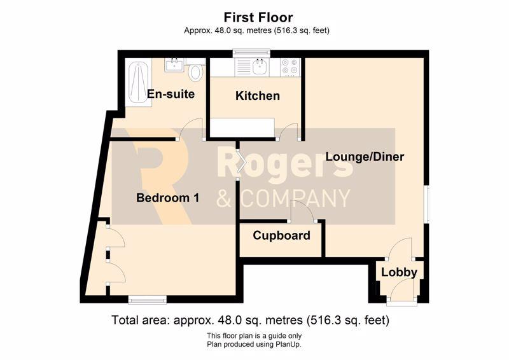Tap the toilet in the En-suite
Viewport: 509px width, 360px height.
pyautogui.click(x=195, y=71)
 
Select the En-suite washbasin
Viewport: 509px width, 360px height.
pyautogui.click(x=174, y=65)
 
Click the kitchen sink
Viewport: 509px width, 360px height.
pyautogui.click(x=260, y=67)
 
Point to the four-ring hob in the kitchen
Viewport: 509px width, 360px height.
pyautogui.click(x=290, y=67)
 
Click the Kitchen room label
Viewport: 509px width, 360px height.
pyautogui.click(x=258, y=96)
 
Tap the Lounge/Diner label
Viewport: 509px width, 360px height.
pyautogui.click(x=365, y=157)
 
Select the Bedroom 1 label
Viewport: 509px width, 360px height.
pyautogui.click(x=167, y=198)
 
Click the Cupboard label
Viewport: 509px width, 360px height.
pyautogui.click(x=281, y=236)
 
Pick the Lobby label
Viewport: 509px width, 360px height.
pyautogui.click(x=399, y=272)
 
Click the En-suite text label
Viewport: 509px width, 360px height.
pyautogui.click(x=171, y=94)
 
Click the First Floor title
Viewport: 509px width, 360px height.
pyautogui.click(x=258, y=17)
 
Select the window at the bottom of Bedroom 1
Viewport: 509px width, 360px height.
pyautogui.click(x=148, y=300)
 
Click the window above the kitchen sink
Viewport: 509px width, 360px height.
pyautogui.click(x=251, y=53)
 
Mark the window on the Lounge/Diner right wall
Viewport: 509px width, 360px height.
pyautogui.click(x=427, y=205)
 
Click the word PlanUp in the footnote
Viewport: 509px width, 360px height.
pyautogui.click(x=288, y=345)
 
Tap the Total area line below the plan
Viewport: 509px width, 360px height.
pyautogui.click(x=250, y=321)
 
